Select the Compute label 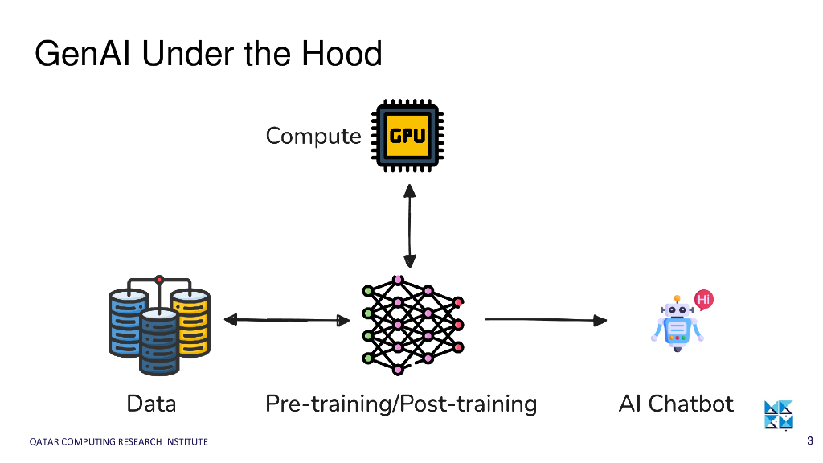coord(313,136)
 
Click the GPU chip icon coord(407,135)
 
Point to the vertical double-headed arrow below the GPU coord(410,226)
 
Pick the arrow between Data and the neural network coord(286,320)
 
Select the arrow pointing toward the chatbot coord(546,320)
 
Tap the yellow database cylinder coord(191,322)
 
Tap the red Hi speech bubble coord(704,300)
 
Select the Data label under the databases coord(151,403)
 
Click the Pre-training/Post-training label coord(401,404)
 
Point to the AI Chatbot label coord(676,403)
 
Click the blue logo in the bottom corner coord(778,415)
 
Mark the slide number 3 coord(809,440)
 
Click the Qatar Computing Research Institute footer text coord(118,441)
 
